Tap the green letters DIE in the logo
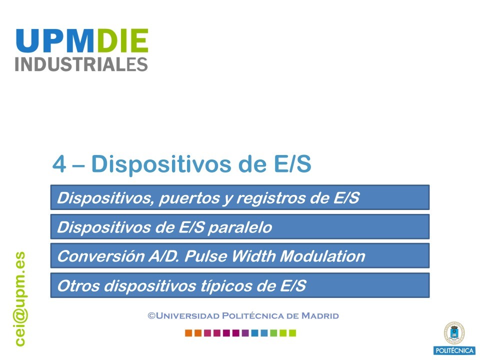(121, 40)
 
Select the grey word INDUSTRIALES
(81, 64)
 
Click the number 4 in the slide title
(59, 164)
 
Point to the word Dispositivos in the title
(161, 164)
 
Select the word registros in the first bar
(270, 197)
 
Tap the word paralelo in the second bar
(239, 227)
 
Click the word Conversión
(101, 256)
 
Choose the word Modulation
(322, 256)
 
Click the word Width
(253, 256)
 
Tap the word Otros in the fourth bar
(78, 285)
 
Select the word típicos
(226, 286)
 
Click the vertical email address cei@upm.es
(20, 299)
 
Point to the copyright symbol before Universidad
(151, 315)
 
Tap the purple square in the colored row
(245, 333)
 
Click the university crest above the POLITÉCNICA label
(454, 333)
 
